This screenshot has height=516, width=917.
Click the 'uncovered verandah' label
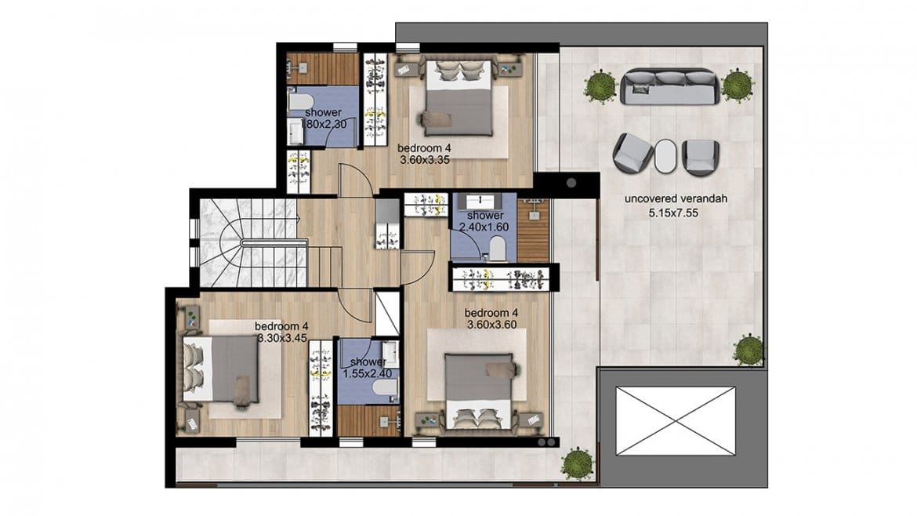[676, 199]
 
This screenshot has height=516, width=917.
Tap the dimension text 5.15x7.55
[673, 213]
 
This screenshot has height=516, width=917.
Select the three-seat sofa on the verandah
[669, 86]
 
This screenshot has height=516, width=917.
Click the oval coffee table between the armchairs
[665, 155]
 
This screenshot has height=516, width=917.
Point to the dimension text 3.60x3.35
[425, 160]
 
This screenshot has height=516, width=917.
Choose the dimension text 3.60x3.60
[492, 325]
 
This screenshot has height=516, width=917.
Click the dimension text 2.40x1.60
[484, 227]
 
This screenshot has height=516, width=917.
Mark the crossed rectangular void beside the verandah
[675, 420]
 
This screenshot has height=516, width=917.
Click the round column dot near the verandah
[571, 184]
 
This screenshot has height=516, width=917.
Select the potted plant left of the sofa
[600, 86]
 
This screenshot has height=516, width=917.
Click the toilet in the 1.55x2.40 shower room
[385, 387]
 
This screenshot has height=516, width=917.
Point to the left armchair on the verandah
[632, 153]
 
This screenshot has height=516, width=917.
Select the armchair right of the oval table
[699, 158]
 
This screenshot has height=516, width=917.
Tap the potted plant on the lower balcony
[577, 464]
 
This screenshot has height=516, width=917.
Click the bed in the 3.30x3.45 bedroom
[221, 369]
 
